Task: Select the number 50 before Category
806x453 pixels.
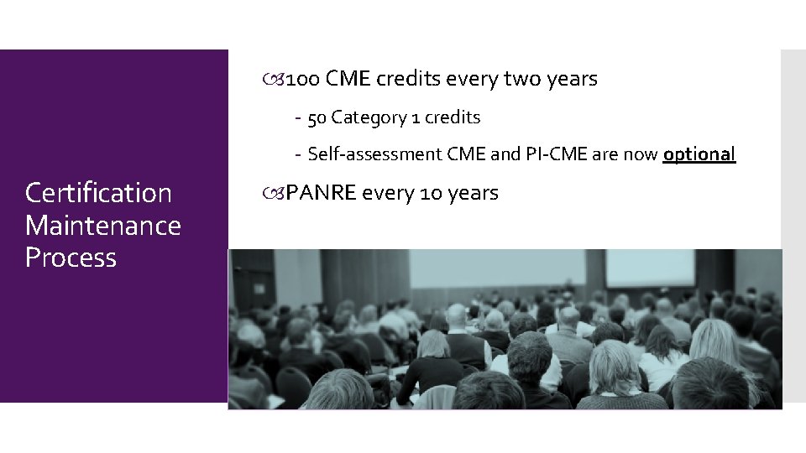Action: (x=317, y=118)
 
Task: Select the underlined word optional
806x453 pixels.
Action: (x=699, y=155)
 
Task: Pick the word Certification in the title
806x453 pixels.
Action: (x=98, y=194)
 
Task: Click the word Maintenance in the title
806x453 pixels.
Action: (x=103, y=226)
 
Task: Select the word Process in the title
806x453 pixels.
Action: (x=71, y=258)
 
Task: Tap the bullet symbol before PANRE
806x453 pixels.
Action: (x=279, y=195)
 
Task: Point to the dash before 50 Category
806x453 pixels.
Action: (x=298, y=118)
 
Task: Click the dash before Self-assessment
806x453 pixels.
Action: (x=298, y=155)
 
